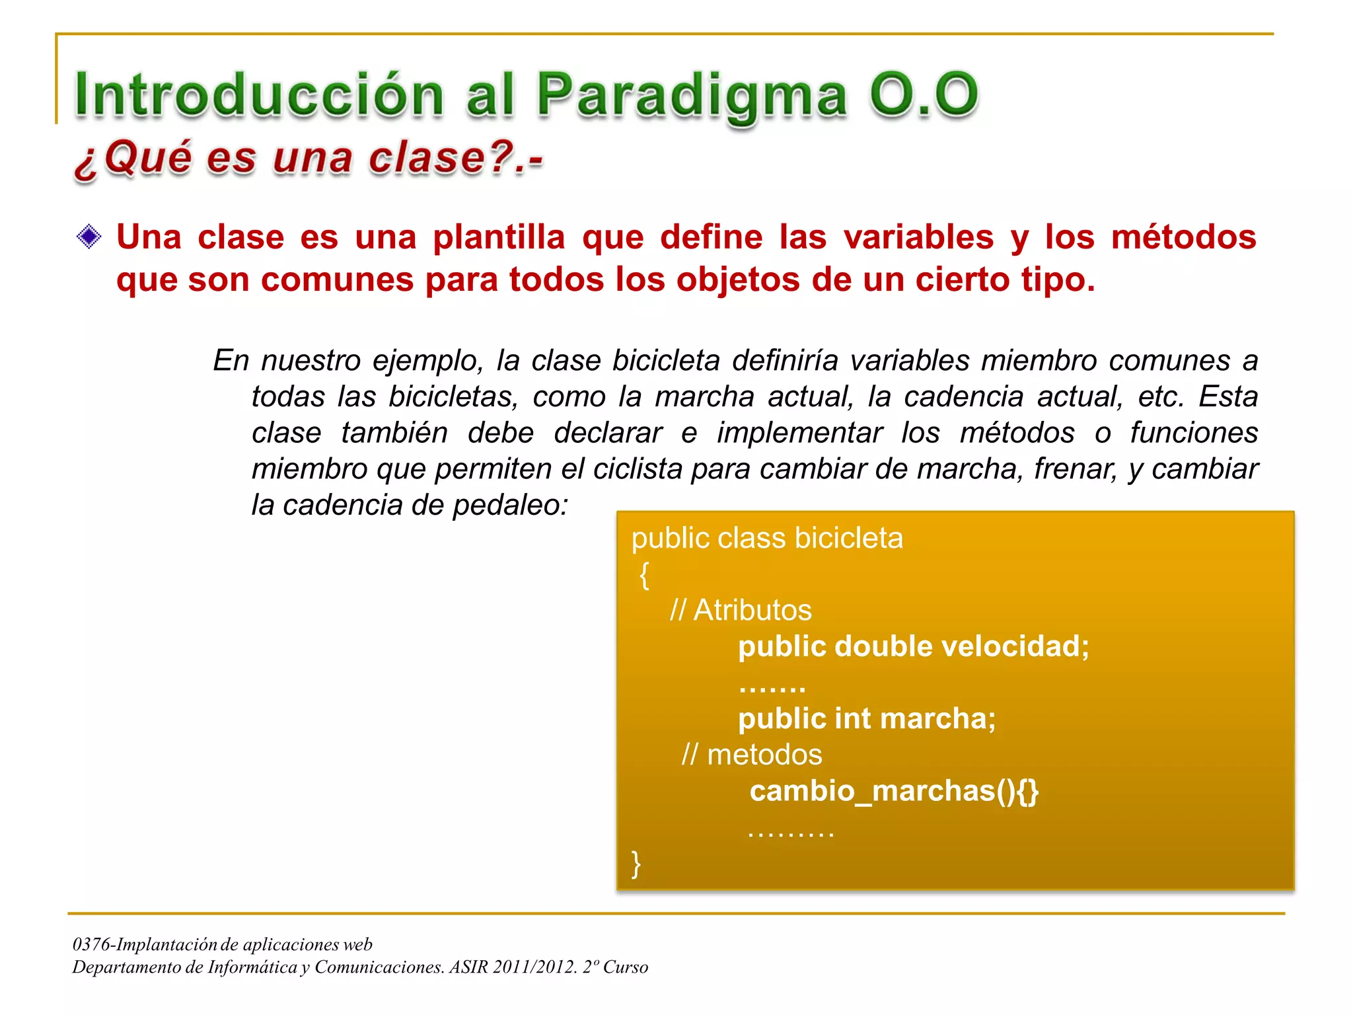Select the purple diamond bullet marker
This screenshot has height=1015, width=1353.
pyautogui.click(x=89, y=237)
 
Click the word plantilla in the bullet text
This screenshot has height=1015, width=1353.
pyautogui.click(x=499, y=237)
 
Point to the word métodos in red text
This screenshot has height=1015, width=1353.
pyautogui.click(x=1183, y=237)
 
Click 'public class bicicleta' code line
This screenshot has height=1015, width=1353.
pyautogui.click(x=766, y=538)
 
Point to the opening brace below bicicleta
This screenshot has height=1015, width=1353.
pyautogui.click(x=644, y=575)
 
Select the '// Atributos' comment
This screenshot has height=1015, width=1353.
pyautogui.click(x=741, y=610)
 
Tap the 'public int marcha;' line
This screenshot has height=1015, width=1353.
pyautogui.click(x=866, y=718)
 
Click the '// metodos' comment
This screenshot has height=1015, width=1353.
pyautogui.click(x=752, y=755)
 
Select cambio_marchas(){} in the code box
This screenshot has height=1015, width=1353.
pyautogui.click(x=894, y=791)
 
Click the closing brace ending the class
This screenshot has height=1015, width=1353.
pyautogui.click(x=636, y=863)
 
